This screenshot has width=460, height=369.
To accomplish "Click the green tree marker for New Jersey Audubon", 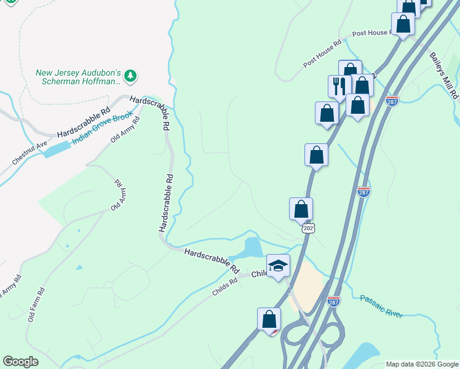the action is pyautogui.click(x=130, y=76).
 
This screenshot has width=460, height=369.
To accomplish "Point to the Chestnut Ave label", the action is pyautogui.click(x=29, y=153).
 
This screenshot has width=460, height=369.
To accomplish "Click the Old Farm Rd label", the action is pyautogui.click(x=36, y=305).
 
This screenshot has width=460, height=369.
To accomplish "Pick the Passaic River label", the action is pyautogui.click(x=381, y=305).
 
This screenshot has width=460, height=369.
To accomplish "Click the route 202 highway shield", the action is pyautogui.click(x=308, y=228).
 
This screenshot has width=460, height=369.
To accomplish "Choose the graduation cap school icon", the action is pyautogui.click(x=278, y=266).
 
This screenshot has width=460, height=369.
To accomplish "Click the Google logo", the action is pyautogui.click(x=20, y=362).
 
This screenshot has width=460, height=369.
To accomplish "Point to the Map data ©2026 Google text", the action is pyautogui.click(x=421, y=364).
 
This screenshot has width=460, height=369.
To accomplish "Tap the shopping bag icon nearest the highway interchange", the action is pyautogui.click(x=269, y=319).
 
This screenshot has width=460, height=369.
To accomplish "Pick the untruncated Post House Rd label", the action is pyautogui.click(x=322, y=55).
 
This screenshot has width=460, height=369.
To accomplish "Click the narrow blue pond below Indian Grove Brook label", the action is pyautogui.click(x=56, y=148).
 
